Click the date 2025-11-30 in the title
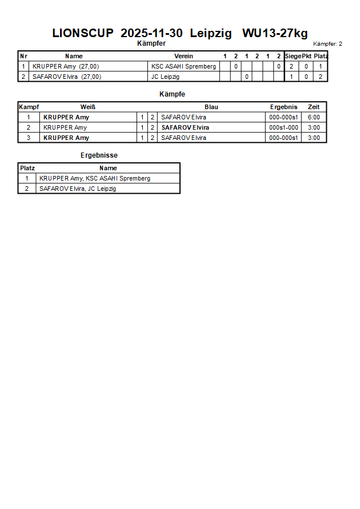coord(152,33)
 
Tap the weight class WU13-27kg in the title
coord(275,33)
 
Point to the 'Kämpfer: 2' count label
coord(327,44)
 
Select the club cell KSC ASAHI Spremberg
coord(183,66)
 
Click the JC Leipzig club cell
coord(165,77)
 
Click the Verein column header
coord(183,56)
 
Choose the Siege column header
coord(293,56)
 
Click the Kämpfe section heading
coord(172,94)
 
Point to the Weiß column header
coord(87,107)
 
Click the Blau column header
coord(211,107)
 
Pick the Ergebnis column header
coord(283,107)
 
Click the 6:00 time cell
coord(314,117)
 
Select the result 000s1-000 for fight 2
coord(283,127)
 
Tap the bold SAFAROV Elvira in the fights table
coord(185,127)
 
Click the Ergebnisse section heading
coord(99,155)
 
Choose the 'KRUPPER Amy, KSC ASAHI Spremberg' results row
coord(95,178)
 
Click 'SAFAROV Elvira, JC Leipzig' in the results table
coord(78,189)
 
